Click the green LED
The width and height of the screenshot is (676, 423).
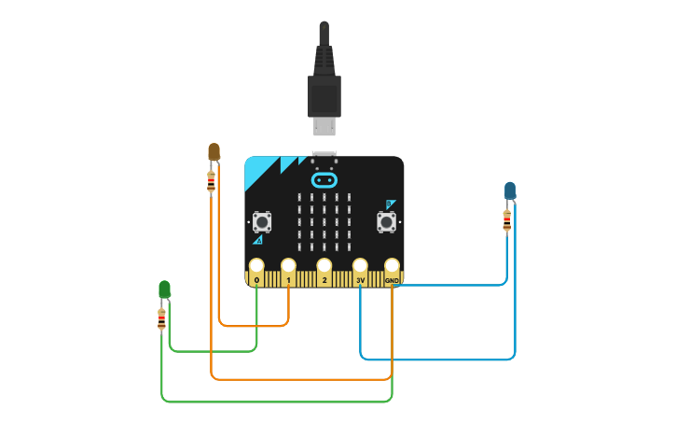tap(165, 289)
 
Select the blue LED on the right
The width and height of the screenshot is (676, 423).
tap(510, 191)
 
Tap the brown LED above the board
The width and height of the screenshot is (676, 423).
tap(214, 151)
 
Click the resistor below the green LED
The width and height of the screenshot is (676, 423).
tap(162, 319)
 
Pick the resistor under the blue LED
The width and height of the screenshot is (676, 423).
tap(506, 220)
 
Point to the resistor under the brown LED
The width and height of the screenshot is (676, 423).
tap(211, 181)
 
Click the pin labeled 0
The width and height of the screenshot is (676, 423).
tap(256, 267)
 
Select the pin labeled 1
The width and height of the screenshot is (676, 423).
tap(289, 267)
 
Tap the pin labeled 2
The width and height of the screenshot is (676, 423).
tap(324, 267)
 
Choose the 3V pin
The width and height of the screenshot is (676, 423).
tap(360, 267)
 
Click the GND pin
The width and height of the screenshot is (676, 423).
tap(392, 267)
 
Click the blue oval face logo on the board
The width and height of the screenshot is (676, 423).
tap(324, 179)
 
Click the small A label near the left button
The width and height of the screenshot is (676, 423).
tap(257, 240)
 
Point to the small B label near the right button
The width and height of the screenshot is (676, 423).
tap(391, 204)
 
